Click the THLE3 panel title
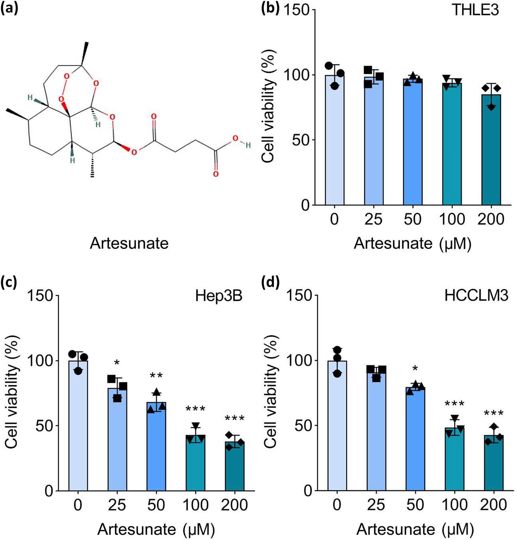[x=475, y=10]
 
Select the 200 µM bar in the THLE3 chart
[x=491, y=151]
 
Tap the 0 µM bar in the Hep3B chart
[x=78, y=426]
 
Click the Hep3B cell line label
[x=219, y=296]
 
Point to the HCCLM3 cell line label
[x=476, y=296]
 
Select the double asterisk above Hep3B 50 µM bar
[x=156, y=376]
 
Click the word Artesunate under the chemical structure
[x=129, y=243]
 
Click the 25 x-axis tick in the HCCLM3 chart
[x=376, y=505]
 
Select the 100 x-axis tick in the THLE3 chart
[x=452, y=219]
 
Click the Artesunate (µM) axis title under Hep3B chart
[x=156, y=530]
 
